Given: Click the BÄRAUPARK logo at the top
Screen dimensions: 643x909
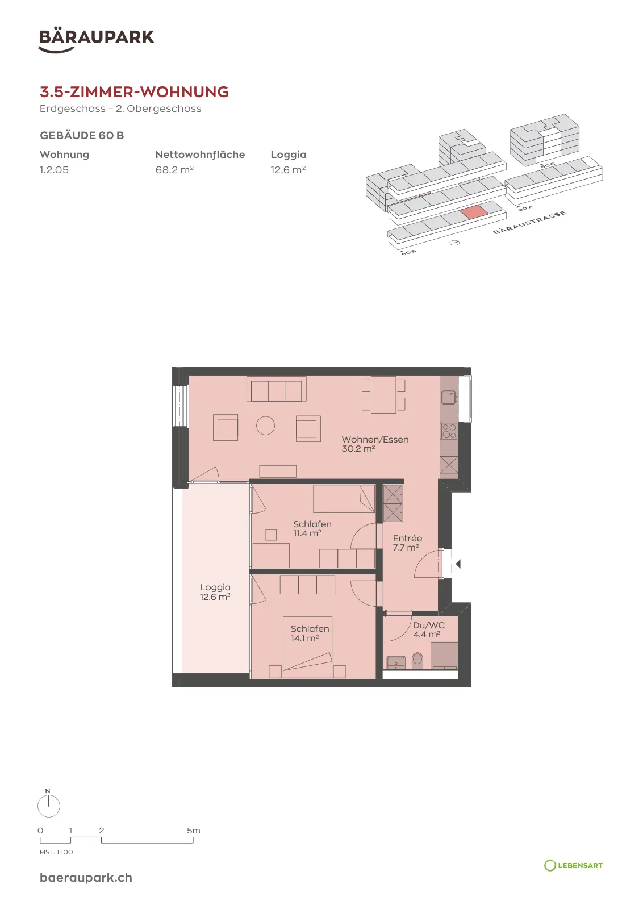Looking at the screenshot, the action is (96, 41).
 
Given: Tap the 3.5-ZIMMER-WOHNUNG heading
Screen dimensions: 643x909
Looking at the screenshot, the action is (134, 92).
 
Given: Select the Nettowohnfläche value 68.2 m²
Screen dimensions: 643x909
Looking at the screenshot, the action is (174, 170).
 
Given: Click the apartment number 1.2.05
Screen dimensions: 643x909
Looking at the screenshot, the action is (55, 170).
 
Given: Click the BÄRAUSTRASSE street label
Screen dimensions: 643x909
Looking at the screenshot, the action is (529, 222).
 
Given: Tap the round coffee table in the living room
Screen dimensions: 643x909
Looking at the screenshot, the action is (266, 426).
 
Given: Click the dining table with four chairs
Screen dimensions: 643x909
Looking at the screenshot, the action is (383, 395).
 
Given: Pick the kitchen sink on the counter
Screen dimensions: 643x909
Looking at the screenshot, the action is (449, 398).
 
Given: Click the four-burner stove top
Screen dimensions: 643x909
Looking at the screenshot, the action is (449, 431).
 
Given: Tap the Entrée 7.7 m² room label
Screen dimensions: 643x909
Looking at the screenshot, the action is (407, 543).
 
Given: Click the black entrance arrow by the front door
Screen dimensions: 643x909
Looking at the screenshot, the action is (458, 564).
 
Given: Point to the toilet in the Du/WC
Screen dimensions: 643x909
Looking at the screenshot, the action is (417, 661).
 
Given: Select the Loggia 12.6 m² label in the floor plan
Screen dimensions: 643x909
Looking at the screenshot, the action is (215, 592).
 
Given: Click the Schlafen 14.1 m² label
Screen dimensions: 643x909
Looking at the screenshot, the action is (310, 633).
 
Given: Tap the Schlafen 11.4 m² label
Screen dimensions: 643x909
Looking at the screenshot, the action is (312, 529).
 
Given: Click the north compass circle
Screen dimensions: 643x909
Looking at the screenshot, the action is (49, 806).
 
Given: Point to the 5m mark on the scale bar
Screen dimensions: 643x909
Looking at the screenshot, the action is (194, 831).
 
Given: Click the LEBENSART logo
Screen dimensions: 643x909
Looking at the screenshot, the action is (573, 866).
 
